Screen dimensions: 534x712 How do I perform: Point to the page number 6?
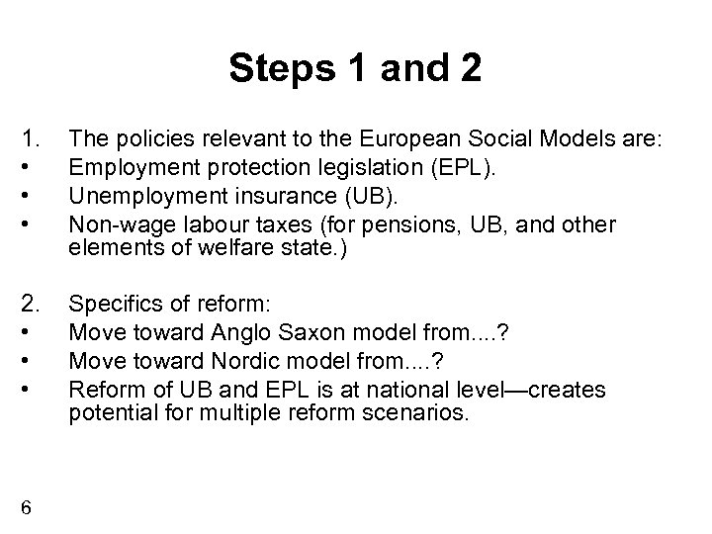tap(27, 507)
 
